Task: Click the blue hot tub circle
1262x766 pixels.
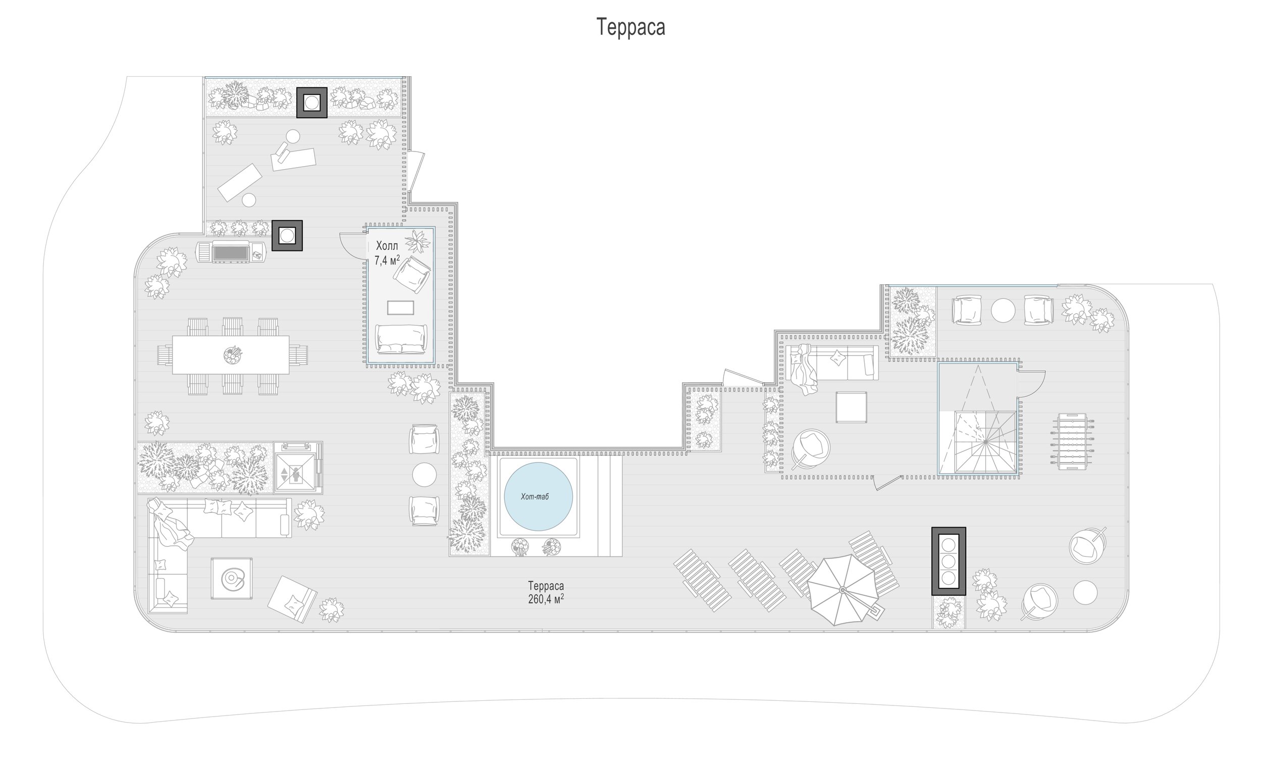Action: click(x=538, y=496)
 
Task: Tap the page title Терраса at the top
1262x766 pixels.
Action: click(x=630, y=27)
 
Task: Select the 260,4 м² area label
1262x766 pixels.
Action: click(x=546, y=599)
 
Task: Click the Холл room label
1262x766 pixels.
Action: click(x=387, y=246)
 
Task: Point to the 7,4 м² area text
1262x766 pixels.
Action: click(x=387, y=260)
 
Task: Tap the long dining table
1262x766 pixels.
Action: click(x=231, y=354)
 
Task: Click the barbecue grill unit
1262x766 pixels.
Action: click(x=231, y=251)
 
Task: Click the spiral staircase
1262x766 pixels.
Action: click(x=985, y=442)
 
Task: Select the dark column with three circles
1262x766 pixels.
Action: click(x=949, y=561)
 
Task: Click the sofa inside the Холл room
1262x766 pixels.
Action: click(x=401, y=339)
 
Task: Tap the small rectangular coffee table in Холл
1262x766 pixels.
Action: click(x=400, y=308)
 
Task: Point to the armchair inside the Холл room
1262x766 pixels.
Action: click(x=412, y=274)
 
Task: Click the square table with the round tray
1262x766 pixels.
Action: click(x=232, y=579)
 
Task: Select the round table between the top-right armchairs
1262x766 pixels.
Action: click(x=1003, y=311)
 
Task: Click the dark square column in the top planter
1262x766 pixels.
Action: click(x=312, y=103)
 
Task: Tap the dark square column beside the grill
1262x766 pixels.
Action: click(x=287, y=236)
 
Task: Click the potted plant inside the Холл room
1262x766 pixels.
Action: click(x=417, y=241)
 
